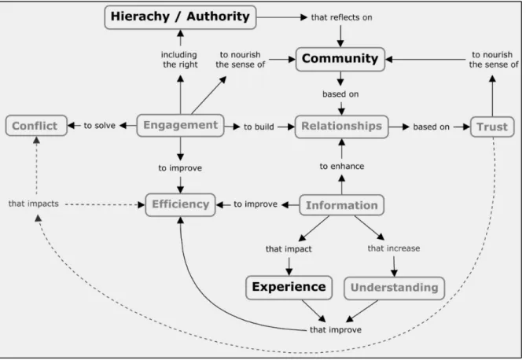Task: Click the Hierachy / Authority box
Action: [x=181, y=17]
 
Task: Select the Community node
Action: [x=340, y=59]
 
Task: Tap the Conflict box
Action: [x=36, y=126]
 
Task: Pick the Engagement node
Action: [x=181, y=126]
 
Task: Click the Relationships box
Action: [x=341, y=127]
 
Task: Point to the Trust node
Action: [x=492, y=127]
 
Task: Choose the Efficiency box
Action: [x=181, y=204]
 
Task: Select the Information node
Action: [x=341, y=205]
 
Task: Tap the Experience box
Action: [x=289, y=288]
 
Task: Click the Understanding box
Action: [x=394, y=288]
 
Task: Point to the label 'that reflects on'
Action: [x=341, y=17]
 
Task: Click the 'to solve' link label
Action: [x=100, y=126]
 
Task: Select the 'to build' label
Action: [x=259, y=127]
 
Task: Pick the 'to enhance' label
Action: [x=341, y=167]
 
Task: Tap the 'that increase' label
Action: [x=394, y=248]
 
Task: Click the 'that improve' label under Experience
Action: [x=336, y=330]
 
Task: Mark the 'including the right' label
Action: [x=179, y=60]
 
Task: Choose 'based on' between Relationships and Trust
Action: [x=431, y=127]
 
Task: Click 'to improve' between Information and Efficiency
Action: [x=256, y=204]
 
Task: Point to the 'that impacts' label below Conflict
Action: [x=34, y=204]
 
